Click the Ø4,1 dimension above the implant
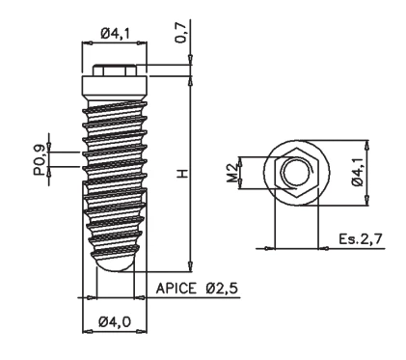(x=116, y=34)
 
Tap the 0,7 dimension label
(x=180, y=32)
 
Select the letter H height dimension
(x=182, y=174)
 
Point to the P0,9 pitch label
(x=40, y=159)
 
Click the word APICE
(x=176, y=289)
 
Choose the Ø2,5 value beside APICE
(x=222, y=289)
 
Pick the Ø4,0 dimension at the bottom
(x=115, y=321)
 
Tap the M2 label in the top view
(x=232, y=173)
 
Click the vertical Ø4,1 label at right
(x=358, y=172)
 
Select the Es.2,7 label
(x=361, y=239)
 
